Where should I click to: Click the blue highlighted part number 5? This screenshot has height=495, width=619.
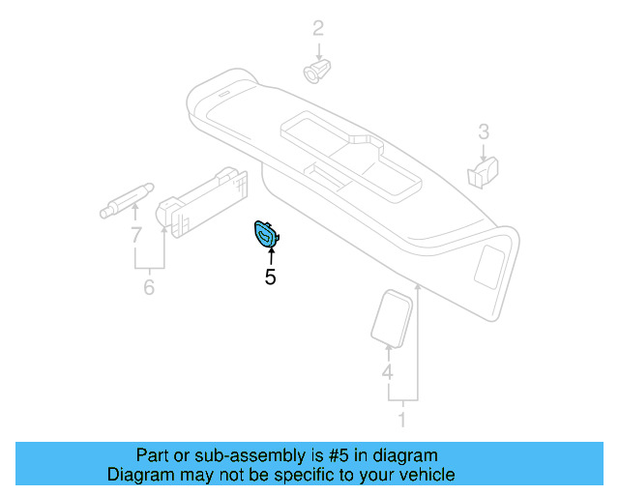264,233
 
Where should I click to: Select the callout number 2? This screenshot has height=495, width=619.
317,28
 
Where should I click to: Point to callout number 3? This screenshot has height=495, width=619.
484,131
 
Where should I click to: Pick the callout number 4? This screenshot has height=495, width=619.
387,372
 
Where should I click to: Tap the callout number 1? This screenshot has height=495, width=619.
403,421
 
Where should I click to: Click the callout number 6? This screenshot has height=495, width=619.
148,287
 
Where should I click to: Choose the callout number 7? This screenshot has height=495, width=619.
136,233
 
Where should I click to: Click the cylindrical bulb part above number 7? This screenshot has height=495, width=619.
125,202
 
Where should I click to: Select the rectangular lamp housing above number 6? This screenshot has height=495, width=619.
206,197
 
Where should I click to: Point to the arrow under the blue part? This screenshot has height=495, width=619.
271,255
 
